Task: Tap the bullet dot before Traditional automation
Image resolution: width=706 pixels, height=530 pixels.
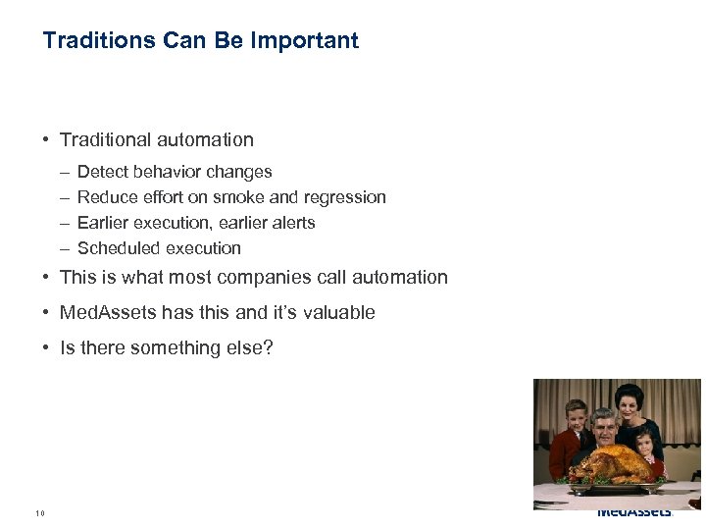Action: tap(46, 140)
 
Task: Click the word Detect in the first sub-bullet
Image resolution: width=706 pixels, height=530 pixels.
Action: tap(102, 172)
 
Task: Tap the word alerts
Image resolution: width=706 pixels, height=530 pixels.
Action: tap(291, 223)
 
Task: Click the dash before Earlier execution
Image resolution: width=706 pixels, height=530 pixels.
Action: tap(64, 223)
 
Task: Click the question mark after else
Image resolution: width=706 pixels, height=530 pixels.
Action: tap(268, 348)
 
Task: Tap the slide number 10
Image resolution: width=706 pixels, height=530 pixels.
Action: tap(39, 513)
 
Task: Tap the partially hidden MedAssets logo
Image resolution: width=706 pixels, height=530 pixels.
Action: tap(634, 513)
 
